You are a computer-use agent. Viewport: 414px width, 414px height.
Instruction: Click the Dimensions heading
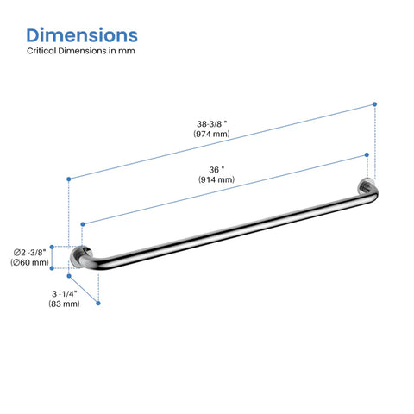[x=82, y=35]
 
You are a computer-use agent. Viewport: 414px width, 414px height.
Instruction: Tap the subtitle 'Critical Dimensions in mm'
[x=81, y=51]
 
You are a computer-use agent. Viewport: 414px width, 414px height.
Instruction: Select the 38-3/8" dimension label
[x=212, y=124]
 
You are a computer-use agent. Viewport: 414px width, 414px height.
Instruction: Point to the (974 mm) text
[x=211, y=134]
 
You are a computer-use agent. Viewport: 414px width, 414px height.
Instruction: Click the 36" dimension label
[x=216, y=170]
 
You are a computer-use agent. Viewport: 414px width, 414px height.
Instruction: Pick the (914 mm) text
[x=216, y=179]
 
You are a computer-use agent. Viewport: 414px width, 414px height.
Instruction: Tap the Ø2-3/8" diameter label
[x=30, y=253]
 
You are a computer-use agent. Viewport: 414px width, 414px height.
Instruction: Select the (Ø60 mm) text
[x=30, y=262]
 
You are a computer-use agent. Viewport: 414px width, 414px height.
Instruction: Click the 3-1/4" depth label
[x=65, y=294]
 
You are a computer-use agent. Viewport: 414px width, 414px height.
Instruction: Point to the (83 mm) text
[x=64, y=304]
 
